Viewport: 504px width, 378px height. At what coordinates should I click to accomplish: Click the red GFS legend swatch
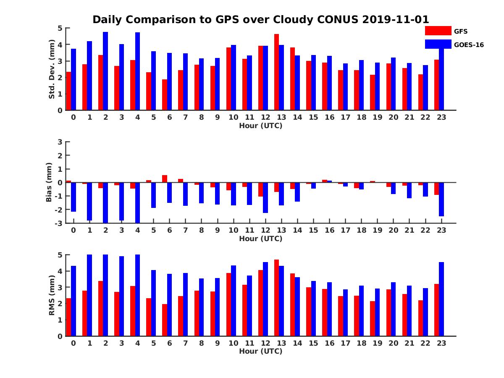438,31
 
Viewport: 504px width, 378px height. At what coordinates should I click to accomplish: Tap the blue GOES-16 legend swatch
438,44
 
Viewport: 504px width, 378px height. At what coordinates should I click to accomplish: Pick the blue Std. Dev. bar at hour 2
105,71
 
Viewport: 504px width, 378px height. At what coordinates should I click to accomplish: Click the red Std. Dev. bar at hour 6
165,95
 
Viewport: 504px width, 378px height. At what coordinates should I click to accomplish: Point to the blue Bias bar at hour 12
265,197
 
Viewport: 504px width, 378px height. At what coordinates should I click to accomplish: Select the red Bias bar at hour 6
165,179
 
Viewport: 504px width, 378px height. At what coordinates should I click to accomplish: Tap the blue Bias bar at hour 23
441,199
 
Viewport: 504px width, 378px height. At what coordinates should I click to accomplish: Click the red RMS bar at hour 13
276,298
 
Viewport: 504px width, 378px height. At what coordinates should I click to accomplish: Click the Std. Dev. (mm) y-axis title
52,69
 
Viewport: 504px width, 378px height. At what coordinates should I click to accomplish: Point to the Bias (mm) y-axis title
49,182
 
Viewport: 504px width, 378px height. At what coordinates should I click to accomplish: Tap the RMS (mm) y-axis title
52,295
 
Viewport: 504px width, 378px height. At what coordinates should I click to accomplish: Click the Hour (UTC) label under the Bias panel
260,239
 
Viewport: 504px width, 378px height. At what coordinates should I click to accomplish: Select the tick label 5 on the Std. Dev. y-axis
60,28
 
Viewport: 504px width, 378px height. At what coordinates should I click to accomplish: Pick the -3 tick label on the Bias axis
58,223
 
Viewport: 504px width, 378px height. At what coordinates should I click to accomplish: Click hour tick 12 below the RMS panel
265,343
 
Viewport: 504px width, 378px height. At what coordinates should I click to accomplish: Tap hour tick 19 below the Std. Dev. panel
377,117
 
